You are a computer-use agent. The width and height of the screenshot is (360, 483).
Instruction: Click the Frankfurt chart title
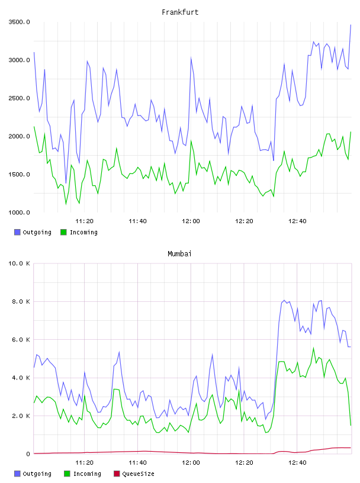tap(180, 12)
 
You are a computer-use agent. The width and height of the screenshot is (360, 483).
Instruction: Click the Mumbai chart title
tap(179, 254)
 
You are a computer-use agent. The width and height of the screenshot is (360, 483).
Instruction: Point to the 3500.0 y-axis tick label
tap(19, 22)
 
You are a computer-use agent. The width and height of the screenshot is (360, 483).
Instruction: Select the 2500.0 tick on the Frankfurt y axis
tap(19, 98)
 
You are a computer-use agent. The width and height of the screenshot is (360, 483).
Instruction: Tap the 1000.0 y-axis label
tap(19, 212)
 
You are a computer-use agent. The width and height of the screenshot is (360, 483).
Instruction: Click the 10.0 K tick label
tap(19, 263)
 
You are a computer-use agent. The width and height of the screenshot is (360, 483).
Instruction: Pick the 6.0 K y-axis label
tap(21, 340)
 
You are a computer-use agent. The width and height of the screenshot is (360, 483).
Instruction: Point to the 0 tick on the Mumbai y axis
tap(28, 454)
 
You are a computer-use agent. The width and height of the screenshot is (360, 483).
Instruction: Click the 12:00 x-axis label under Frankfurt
tap(191, 221)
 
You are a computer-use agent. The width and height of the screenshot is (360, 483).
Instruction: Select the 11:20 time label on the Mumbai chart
tap(85, 463)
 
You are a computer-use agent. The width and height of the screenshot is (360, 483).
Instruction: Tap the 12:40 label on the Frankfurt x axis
tap(297, 221)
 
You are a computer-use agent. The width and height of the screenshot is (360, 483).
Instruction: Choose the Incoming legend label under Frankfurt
tap(83, 232)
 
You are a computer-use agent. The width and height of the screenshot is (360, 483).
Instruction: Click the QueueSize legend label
tap(138, 474)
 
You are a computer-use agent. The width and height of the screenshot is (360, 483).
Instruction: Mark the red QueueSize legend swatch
tap(117, 474)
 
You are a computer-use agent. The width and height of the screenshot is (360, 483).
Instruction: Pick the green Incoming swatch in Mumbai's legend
tap(67, 474)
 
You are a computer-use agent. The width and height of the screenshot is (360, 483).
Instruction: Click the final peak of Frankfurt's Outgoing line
tap(351, 25)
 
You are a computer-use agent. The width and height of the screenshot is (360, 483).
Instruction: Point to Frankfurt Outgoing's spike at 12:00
tap(191, 57)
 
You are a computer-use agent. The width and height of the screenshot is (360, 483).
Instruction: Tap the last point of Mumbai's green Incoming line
tap(351, 425)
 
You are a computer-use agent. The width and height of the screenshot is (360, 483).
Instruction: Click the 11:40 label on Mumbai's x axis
tap(137, 463)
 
